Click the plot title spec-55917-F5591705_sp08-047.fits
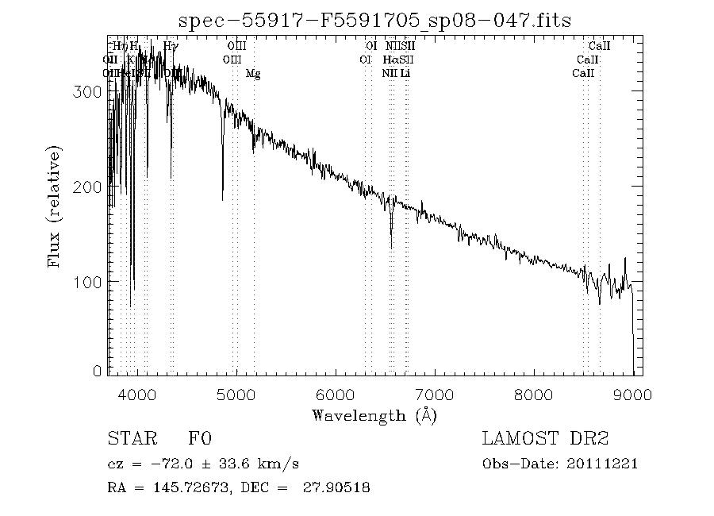(x=374, y=21)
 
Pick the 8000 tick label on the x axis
(x=534, y=395)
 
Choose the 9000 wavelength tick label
(x=633, y=395)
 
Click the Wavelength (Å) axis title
(x=374, y=414)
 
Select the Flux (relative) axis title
(x=56, y=206)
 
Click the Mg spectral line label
(x=253, y=74)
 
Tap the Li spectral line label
(x=405, y=74)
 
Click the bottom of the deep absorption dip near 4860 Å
(x=222, y=198)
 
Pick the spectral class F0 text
(x=200, y=438)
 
